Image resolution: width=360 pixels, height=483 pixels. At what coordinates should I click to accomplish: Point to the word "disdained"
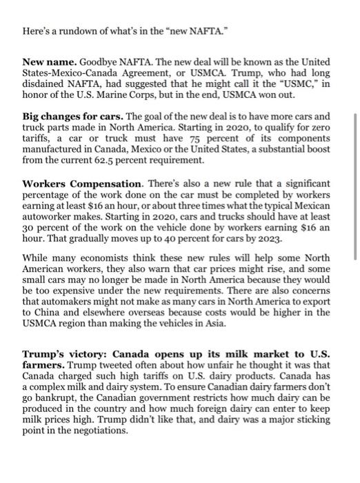tap(45, 83)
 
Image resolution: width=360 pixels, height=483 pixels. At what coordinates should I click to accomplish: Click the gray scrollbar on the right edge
tap(355, 186)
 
